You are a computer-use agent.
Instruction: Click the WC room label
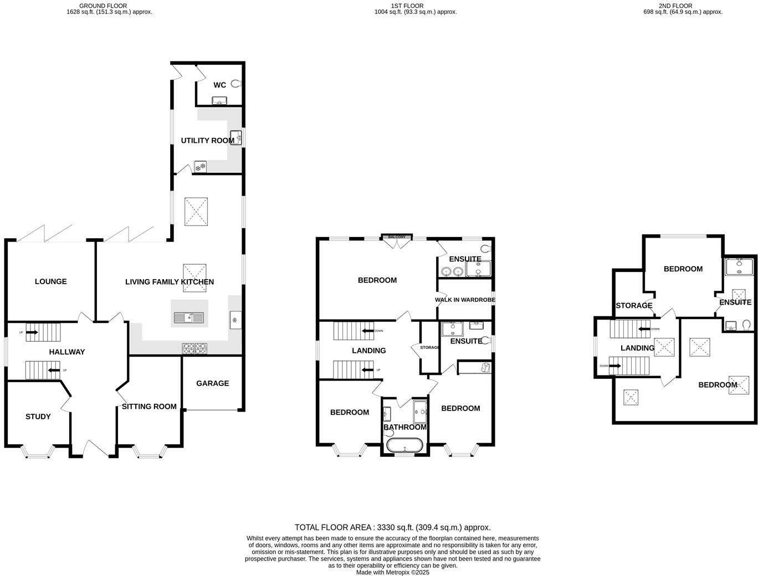(219, 85)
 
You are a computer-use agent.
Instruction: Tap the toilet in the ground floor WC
(237, 84)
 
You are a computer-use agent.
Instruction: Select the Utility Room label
(207, 141)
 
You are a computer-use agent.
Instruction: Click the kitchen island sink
(189, 318)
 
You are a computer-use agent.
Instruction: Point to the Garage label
(212, 383)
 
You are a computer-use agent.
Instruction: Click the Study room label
(38, 416)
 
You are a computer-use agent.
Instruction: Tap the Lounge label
(50, 281)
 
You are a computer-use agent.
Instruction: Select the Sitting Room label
(149, 407)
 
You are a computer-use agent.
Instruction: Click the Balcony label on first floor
(397, 237)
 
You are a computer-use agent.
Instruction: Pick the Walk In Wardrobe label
(465, 300)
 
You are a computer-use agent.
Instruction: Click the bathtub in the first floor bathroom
(404, 445)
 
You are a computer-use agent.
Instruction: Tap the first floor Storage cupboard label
(429, 348)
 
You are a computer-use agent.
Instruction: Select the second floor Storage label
(634, 306)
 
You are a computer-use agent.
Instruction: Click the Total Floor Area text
(392, 527)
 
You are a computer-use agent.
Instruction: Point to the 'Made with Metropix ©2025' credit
(392, 572)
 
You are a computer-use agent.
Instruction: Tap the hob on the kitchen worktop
(194, 348)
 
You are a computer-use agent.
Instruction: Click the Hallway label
(67, 352)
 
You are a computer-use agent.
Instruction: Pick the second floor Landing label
(637, 348)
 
